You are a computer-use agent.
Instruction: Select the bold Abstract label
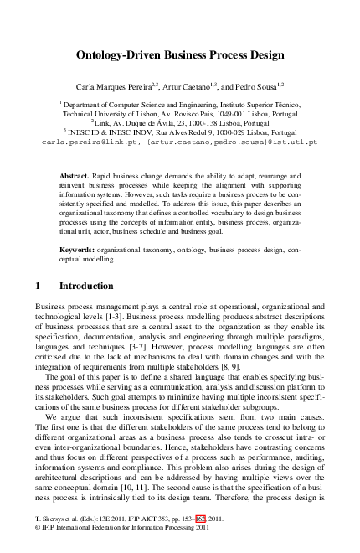tap(75, 176)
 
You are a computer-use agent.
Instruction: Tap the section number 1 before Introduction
tap(39, 287)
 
